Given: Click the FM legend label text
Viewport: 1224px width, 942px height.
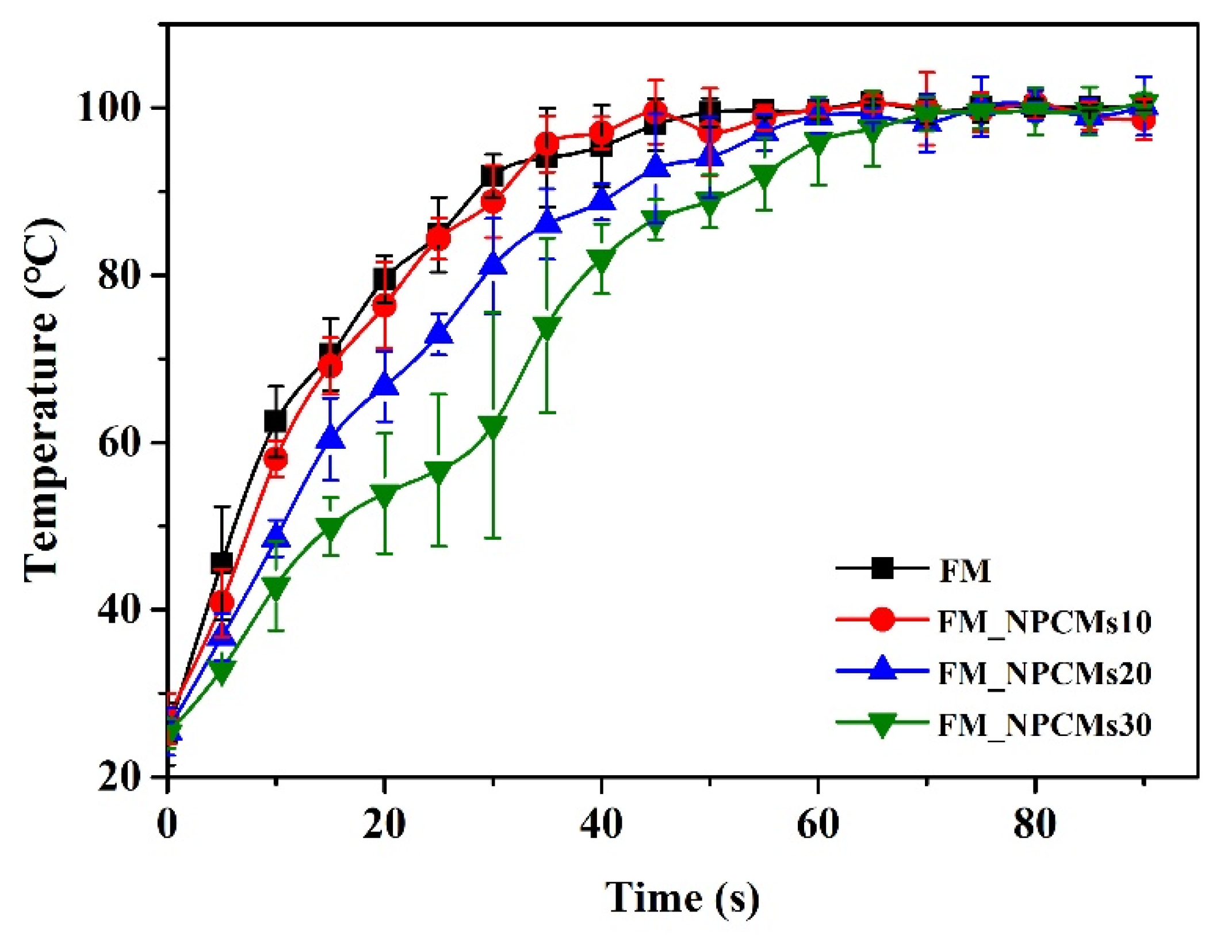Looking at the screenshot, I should (965, 571).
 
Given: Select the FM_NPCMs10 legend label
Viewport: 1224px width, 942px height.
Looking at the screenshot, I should (1045, 622).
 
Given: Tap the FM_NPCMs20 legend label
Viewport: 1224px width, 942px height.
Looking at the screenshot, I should (1045, 673).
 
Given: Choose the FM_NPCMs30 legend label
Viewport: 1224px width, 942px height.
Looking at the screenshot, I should (1045, 724).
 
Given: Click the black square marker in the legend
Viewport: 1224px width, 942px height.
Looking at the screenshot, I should (882, 569).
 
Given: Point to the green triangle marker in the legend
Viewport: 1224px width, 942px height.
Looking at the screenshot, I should (882, 724).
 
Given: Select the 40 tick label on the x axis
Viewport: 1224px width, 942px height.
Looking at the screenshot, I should (601, 824).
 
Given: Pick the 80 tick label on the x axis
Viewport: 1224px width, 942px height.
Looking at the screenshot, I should (1035, 824).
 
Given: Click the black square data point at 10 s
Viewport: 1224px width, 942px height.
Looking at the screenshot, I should (276, 421).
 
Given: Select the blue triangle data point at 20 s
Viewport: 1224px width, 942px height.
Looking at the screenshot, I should (385, 385).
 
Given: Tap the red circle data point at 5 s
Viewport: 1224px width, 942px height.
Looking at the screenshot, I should (222, 602).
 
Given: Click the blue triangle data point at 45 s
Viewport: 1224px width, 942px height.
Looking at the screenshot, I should (655, 167).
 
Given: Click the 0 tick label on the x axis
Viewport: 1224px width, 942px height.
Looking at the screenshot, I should (167, 824).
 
